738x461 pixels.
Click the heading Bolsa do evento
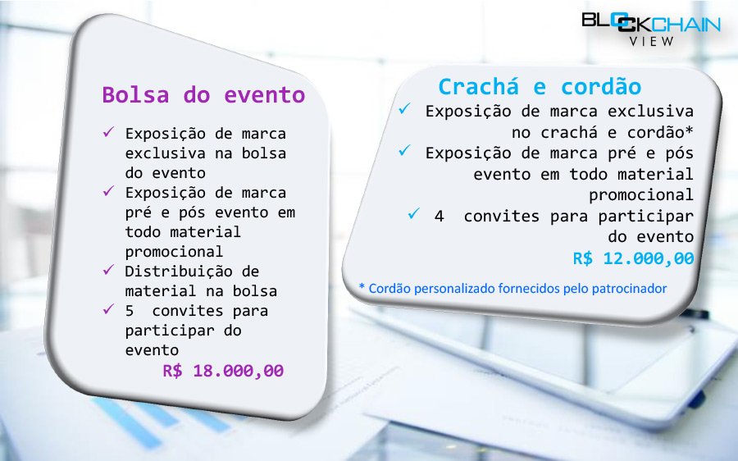pyautogui.click(x=203, y=94)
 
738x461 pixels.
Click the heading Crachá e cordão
pyautogui.click(x=540, y=87)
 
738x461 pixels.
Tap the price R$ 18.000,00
pyautogui.click(x=223, y=371)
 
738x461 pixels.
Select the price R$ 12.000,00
pyautogui.click(x=634, y=258)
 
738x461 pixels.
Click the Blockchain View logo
pyautogui.click(x=651, y=28)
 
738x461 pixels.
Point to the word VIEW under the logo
pyautogui.click(x=652, y=42)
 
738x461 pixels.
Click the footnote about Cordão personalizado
pyautogui.click(x=512, y=288)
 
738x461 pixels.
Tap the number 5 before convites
pyautogui.click(x=130, y=311)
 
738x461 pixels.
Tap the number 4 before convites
pyautogui.click(x=440, y=216)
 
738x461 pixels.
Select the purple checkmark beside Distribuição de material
pyautogui.click(x=109, y=270)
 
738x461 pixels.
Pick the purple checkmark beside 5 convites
pyautogui.click(x=109, y=309)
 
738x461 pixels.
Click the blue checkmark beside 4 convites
pyautogui.click(x=414, y=213)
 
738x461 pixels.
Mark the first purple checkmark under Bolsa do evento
pyautogui.click(x=109, y=132)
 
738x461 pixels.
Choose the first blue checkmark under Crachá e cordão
pyautogui.click(x=404, y=108)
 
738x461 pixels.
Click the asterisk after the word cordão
pyautogui.click(x=690, y=130)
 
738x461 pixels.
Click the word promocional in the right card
pyautogui.click(x=641, y=195)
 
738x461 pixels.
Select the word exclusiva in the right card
pyautogui.click(x=650, y=111)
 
